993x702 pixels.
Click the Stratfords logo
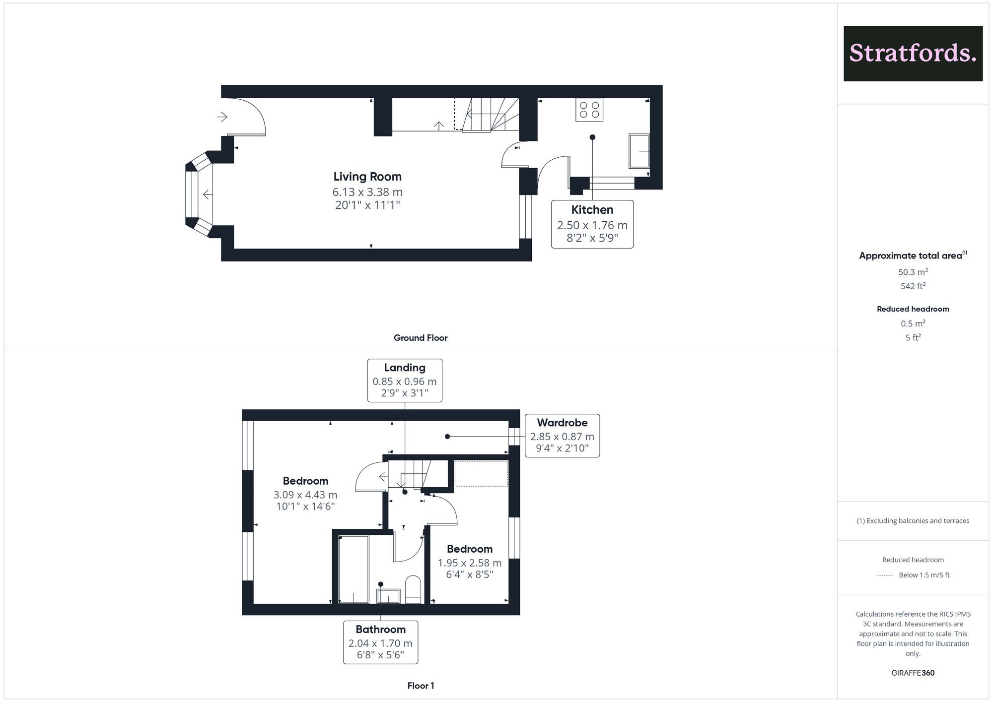pos(913,54)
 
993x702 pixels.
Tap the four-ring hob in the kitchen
pos(589,110)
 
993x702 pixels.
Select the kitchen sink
pos(639,151)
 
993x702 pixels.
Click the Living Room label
pos(367,177)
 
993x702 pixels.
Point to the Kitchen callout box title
pos(592,210)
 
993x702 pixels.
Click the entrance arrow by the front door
pos(222,117)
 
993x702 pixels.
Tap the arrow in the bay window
pos(208,194)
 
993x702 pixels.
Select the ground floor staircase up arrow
pos(439,126)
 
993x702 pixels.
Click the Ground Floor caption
pos(421,338)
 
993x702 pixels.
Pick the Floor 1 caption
pos(421,686)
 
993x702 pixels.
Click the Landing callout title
pos(405,368)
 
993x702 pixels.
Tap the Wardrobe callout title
pos(562,423)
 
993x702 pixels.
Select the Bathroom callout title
pos(381,630)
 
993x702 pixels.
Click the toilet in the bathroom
pos(413,589)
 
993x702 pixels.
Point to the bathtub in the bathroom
pos(354,569)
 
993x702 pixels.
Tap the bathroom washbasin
pos(388,596)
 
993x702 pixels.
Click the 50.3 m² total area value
pos(913,272)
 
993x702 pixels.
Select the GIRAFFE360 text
pos(913,673)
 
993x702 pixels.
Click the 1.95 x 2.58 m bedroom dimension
pos(470,563)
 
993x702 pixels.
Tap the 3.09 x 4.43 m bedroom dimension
pos(305,495)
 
